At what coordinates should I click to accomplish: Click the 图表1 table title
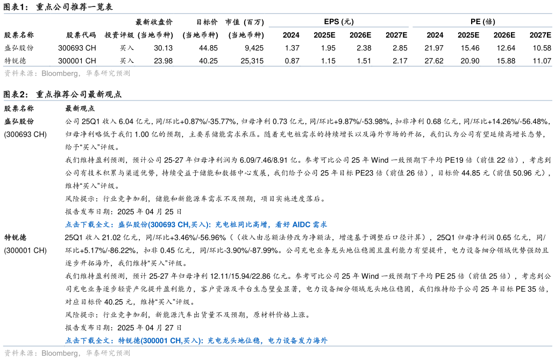coord(58,7)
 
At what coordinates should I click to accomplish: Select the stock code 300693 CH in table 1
coord(77,48)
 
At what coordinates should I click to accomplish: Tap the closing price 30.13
coord(163,48)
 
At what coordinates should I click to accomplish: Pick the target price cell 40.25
coord(208,61)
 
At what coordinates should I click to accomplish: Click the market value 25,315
coord(252,61)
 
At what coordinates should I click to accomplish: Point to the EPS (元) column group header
coord(339,21)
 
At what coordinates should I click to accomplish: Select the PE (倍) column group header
coord(483,21)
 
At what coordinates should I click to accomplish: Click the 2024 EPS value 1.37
coord(292,48)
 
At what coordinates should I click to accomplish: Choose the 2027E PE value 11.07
coord(542,61)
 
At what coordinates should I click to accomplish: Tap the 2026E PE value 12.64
coord(506,48)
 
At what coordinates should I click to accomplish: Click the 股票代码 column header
coord(81,35)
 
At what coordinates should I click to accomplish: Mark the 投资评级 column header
coord(119,35)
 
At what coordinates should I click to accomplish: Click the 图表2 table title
coord(62,95)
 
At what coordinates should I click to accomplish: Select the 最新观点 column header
coord(80,109)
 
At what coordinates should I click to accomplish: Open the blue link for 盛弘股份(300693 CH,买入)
coord(196,225)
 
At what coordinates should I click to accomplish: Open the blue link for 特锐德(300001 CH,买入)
coord(196,341)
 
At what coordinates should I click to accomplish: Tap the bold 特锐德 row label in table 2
coord(15,237)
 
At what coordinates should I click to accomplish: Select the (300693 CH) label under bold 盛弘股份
coord(25,134)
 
